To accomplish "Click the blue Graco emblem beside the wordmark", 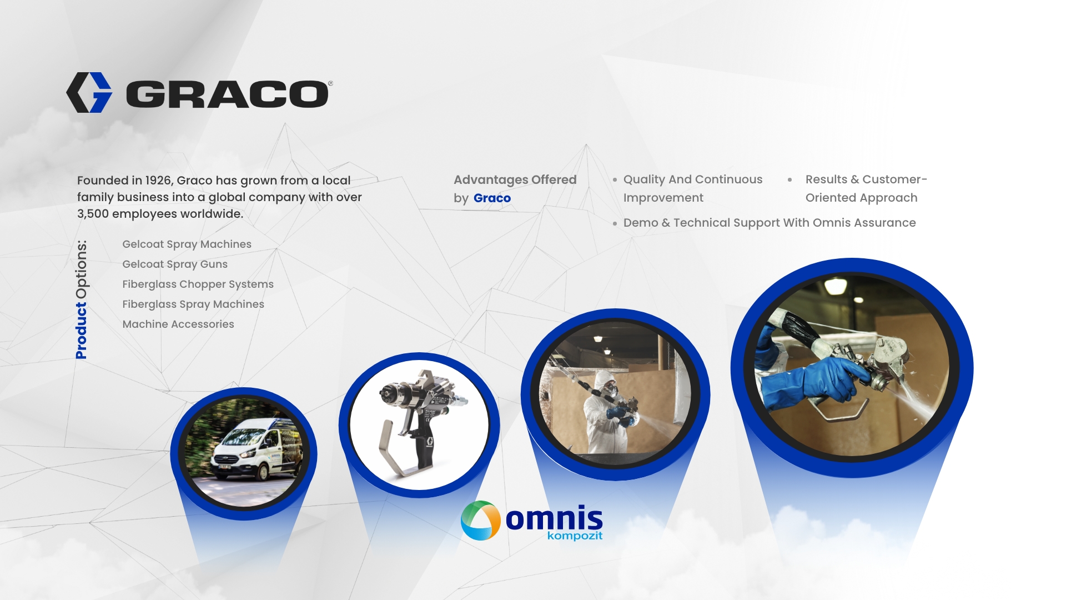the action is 89,92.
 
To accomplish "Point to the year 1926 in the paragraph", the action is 158,181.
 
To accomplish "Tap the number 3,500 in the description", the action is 93,214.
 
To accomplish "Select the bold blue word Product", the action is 82,331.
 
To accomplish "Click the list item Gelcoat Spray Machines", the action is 187,244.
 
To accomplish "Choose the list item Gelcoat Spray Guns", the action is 175,264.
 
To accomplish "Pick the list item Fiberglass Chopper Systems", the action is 198,284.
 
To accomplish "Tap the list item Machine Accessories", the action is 178,324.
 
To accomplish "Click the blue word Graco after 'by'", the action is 492,198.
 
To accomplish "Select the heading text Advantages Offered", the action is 515,180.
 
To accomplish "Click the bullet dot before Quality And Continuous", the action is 615,180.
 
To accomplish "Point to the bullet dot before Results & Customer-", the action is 790,179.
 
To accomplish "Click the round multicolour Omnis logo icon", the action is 481,521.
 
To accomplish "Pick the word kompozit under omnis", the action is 575,536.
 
